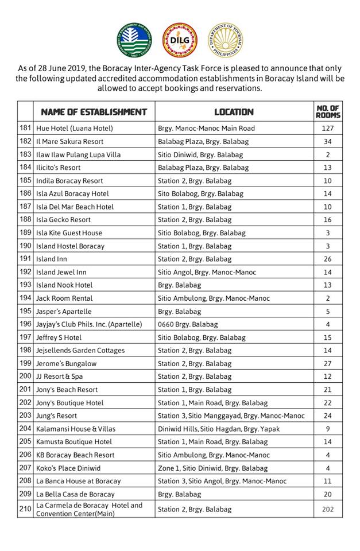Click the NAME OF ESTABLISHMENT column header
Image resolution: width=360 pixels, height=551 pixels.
pos(90,112)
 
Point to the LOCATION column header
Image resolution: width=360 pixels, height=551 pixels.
pos(234,112)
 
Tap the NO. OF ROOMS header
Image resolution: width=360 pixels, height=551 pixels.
pos(328,112)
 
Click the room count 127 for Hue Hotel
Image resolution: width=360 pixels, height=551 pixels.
pos(328,129)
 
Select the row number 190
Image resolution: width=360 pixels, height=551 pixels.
pos(25,246)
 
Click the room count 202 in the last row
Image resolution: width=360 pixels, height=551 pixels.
pos(328,509)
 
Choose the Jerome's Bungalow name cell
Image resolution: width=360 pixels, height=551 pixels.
pos(66,364)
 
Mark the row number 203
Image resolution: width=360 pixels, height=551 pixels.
pos(25,416)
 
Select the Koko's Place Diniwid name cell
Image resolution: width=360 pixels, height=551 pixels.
pos(68,468)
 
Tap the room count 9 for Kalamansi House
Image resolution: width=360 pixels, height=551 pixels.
pos(328,429)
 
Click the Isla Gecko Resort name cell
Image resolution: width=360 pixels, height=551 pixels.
pos(63,220)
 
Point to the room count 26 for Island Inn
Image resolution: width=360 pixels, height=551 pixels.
pos(328,259)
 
